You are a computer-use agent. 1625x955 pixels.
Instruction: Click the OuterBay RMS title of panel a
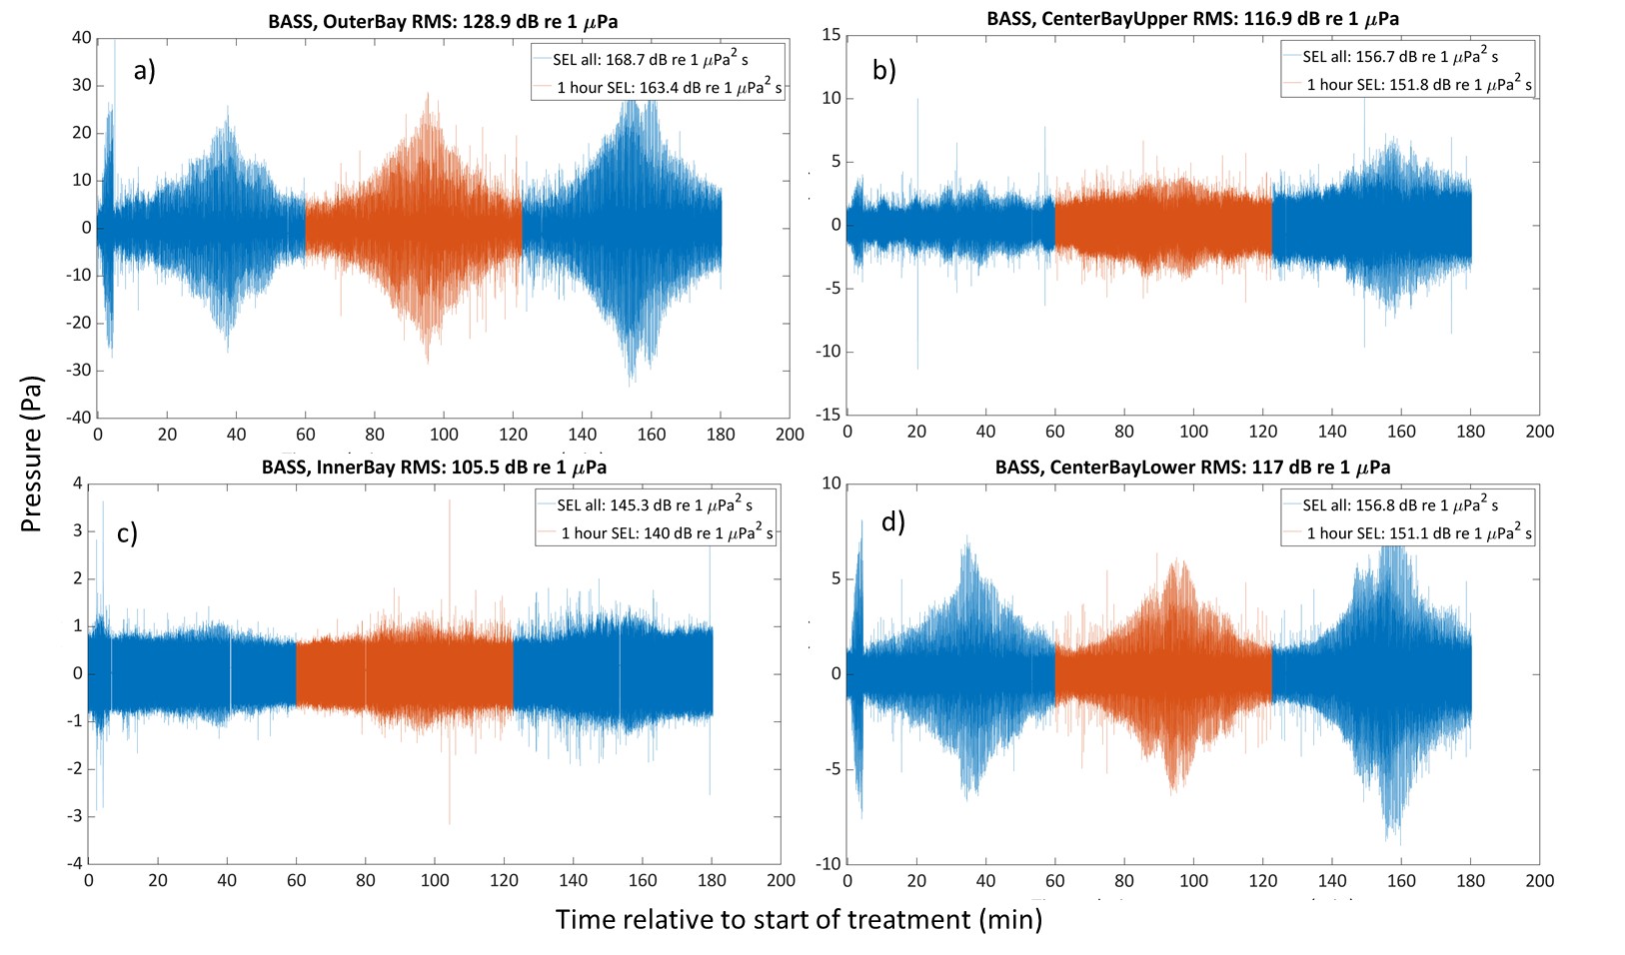[x=443, y=21]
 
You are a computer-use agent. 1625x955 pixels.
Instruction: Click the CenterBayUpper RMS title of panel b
[x=1192, y=18]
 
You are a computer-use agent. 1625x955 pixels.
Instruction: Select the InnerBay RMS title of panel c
[x=434, y=467]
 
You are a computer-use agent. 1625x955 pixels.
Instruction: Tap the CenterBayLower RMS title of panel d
[x=1192, y=467]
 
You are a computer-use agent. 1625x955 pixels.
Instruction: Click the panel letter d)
[x=892, y=520]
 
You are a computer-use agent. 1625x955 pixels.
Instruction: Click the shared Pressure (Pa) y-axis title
[x=32, y=455]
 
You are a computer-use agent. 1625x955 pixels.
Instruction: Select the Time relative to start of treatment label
[x=799, y=919]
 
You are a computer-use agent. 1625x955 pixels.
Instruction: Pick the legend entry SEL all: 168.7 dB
[x=651, y=60]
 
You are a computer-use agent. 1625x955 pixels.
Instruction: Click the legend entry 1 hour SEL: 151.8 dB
[x=1418, y=85]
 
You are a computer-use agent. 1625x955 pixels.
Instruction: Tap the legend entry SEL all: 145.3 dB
[x=655, y=505]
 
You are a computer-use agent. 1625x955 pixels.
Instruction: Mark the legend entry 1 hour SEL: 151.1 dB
[x=1418, y=533]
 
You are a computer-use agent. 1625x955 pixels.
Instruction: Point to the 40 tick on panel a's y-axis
[x=82, y=38]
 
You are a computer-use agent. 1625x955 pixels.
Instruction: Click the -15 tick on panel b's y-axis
[x=828, y=415]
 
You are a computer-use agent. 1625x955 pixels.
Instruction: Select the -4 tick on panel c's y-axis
[x=76, y=863]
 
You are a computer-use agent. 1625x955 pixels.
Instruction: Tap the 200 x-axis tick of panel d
[x=1539, y=880]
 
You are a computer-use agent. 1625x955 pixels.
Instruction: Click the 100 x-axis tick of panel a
[x=444, y=435]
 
